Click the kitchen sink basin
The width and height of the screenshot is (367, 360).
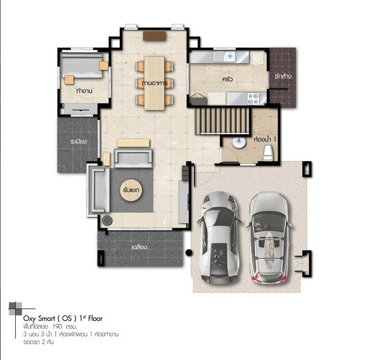[230, 57]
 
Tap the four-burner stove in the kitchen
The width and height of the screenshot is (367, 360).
[254, 99]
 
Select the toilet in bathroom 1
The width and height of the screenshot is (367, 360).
[268, 153]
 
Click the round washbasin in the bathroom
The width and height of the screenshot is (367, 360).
[239, 142]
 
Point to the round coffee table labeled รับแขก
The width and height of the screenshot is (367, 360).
[131, 190]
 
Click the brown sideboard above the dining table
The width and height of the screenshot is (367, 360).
[155, 36]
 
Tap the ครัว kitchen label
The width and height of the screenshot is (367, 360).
[227, 79]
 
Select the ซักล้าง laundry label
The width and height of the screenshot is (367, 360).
[283, 76]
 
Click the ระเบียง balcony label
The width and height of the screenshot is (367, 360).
[78, 142]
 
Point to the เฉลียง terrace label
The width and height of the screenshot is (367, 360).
[139, 247]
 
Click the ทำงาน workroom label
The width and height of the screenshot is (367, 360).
[84, 91]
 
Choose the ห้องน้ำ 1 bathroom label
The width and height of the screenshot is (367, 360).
[265, 140]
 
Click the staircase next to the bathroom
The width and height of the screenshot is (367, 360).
[222, 121]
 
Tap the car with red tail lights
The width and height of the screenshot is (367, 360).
[269, 238]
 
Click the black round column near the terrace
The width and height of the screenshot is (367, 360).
[189, 253]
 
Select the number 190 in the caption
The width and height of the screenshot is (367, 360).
[57, 327]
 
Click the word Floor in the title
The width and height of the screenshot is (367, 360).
[95, 319]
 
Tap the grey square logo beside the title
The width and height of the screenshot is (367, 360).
[16, 309]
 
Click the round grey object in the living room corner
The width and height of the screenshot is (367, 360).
[107, 220]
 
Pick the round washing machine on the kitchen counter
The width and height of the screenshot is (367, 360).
[257, 58]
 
